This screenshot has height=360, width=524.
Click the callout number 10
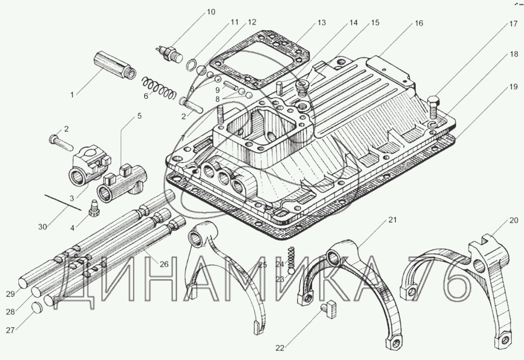coord(211,12)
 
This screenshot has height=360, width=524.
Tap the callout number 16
coord(419,23)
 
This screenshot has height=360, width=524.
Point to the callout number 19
coord(513,87)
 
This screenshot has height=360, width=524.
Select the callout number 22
coord(280,348)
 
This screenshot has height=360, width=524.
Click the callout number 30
coord(43,227)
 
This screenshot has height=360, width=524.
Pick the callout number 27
coord(11,330)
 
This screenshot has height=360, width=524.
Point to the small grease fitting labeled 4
coord(93,208)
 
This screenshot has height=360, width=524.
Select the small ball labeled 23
coord(291,270)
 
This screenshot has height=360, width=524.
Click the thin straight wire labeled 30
coord(63,202)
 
